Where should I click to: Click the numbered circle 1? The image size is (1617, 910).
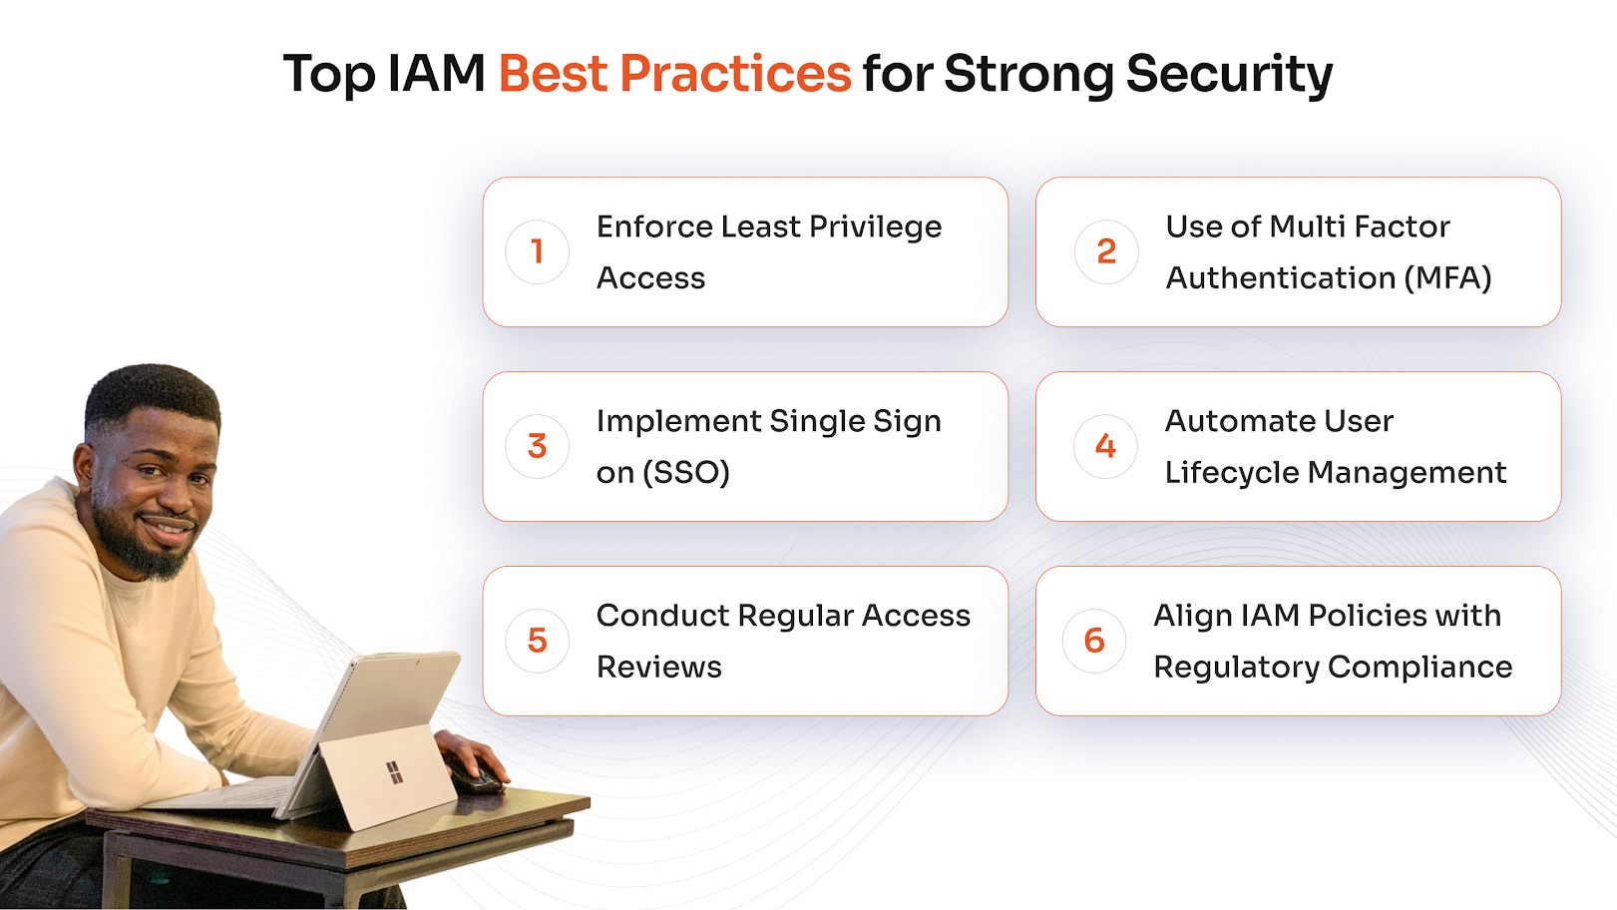[537, 251]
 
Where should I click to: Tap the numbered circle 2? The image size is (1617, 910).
[1106, 251]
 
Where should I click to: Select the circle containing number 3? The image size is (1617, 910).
[537, 446]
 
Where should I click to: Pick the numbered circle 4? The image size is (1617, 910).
[1105, 446]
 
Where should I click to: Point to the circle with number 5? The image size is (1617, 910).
[537, 641]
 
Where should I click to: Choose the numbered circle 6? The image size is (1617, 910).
[1094, 641]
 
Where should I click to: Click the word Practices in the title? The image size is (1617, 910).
[735, 74]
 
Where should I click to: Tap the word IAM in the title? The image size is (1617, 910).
[436, 74]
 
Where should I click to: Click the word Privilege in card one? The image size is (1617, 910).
[875, 227]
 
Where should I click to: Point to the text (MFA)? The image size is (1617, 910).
[1447, 278]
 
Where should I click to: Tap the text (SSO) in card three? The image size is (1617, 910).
[686, 473]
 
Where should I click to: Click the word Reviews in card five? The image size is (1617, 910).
[658, 668]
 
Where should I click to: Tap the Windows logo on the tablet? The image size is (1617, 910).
[394, 772]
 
